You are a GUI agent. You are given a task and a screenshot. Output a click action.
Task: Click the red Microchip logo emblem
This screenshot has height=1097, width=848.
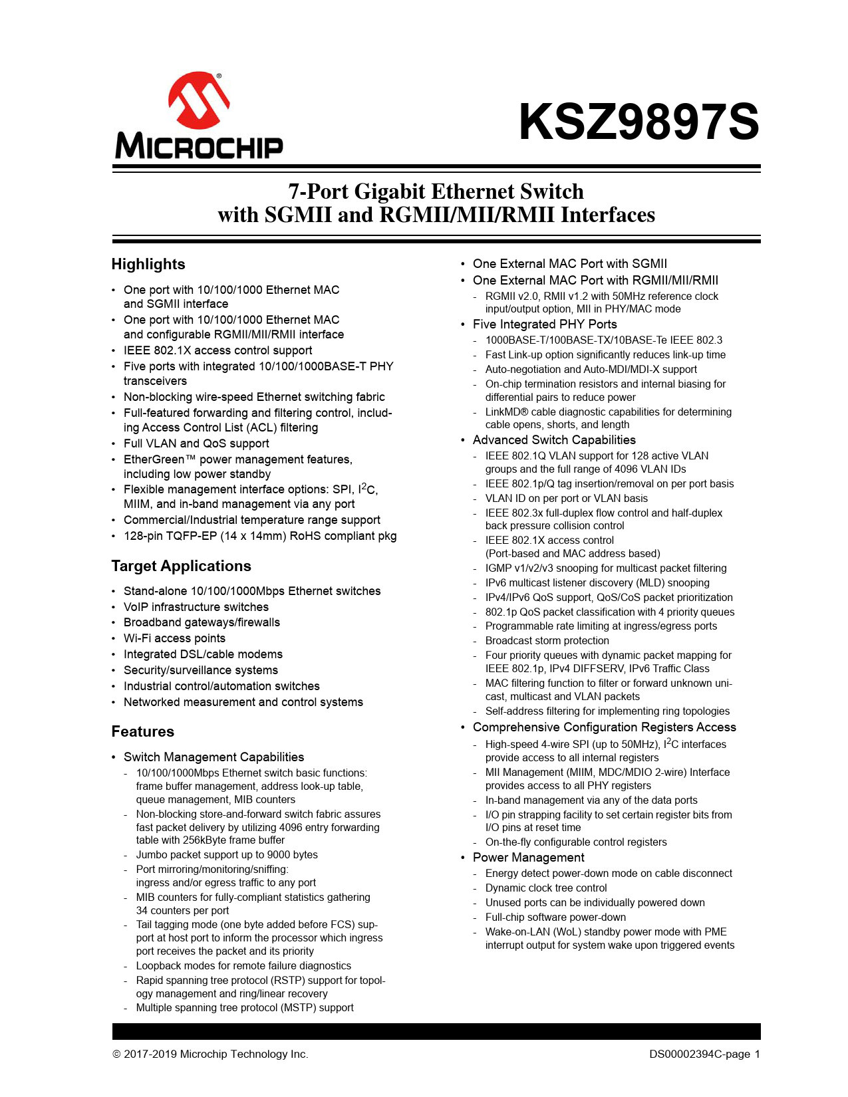tap(199, 101)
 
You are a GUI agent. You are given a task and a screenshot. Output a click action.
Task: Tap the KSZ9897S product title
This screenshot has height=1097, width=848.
tap(638, 122)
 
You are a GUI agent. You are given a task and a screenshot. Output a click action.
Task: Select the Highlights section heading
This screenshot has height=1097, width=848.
tap(148, 264)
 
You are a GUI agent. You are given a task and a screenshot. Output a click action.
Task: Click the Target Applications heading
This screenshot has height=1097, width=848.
tap(181, 566)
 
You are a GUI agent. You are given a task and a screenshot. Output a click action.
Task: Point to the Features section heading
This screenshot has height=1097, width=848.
tap(143, 731)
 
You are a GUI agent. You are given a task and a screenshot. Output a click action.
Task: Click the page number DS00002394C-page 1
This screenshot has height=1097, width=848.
tap(704, 1054)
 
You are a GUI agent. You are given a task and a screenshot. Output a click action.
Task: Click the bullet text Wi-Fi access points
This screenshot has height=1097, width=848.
tap(174, 638)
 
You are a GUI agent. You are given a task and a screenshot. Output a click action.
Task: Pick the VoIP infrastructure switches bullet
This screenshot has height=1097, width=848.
tap(196, 607)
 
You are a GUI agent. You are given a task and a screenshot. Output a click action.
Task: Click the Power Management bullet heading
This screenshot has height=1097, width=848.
tap(528, 858)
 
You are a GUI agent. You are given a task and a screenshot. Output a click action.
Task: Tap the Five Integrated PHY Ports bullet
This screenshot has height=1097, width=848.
tap(545, 324)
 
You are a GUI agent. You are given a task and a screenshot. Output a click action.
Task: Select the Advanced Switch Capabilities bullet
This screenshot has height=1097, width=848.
tap(554, 440)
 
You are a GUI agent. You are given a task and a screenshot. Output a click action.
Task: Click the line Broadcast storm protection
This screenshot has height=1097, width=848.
tap(547, 641)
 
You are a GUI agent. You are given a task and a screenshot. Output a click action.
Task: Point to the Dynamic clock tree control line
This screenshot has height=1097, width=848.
tap(546, 888)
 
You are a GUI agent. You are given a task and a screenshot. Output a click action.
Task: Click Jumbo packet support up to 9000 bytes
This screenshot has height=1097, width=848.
tap(227, 855)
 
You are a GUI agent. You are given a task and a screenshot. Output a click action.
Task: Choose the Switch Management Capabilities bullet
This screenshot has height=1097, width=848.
tap(213, 757)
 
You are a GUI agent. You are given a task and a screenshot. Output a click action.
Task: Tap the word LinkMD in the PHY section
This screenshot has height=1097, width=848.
tap(503, 412)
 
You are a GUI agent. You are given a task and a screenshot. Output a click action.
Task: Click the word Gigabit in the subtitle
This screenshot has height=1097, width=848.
tap(389, 191)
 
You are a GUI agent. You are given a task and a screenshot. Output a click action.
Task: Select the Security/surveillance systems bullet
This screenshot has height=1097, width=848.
tap(201, 670)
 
